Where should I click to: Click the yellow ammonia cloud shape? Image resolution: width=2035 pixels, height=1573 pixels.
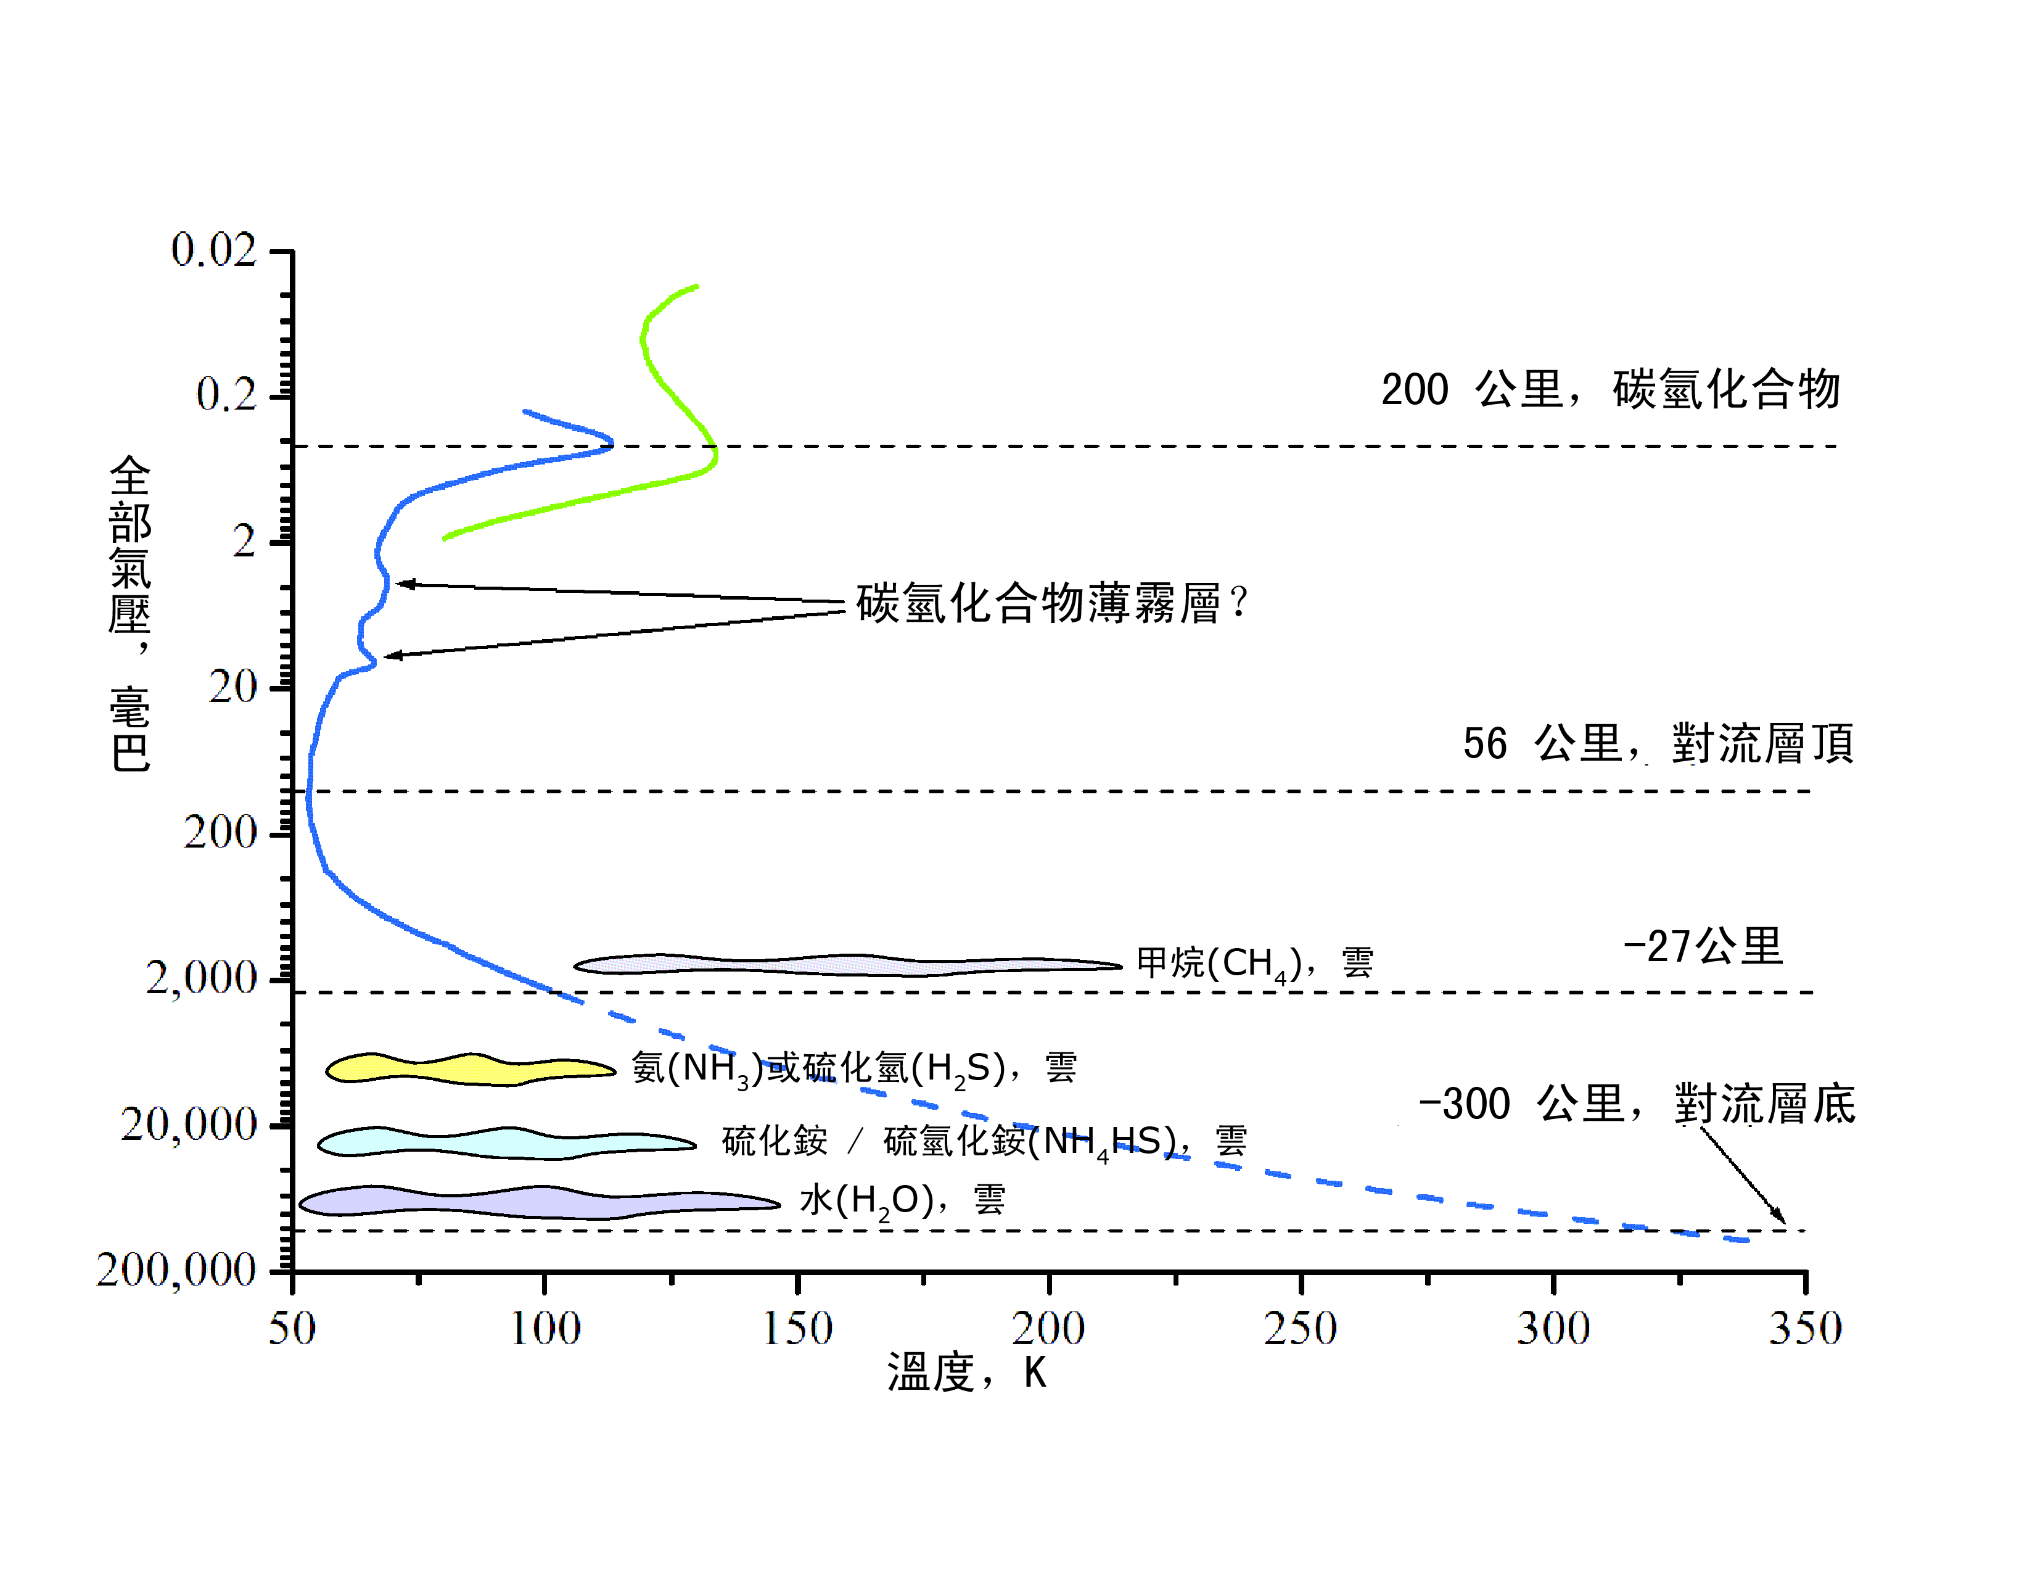(466, 1069)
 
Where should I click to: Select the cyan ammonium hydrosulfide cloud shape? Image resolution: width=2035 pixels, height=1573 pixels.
(503, 1142)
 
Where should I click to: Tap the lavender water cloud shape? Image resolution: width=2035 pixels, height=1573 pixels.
(531, 1202)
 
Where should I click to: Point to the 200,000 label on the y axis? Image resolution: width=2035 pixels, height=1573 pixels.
(175, 1270)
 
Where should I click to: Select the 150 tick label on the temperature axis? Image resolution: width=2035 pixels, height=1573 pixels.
(797, 1328)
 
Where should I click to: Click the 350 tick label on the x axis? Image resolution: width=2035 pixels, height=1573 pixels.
(1805, 1328)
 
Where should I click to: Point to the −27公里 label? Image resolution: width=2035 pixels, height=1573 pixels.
(1703, 947)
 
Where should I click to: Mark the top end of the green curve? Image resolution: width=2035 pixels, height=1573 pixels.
(696, 286)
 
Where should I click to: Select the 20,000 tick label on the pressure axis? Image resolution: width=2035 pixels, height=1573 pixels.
(188, 1125)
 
